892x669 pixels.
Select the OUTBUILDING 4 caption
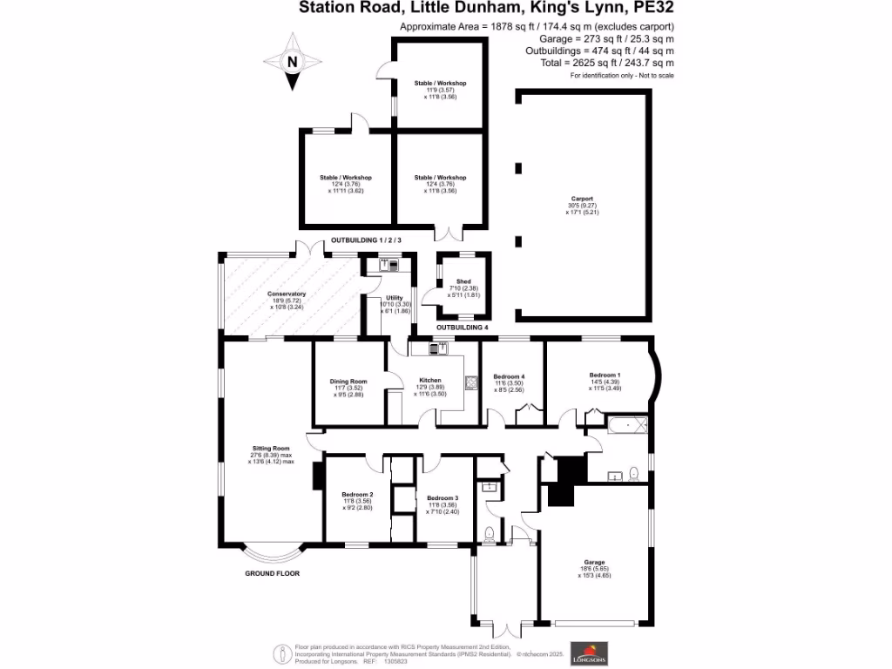click(462, 327)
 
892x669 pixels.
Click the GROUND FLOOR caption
click(272, 574)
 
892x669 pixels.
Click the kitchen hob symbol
click(471, 381)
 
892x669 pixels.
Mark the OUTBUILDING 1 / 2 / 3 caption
click(366, 240)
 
